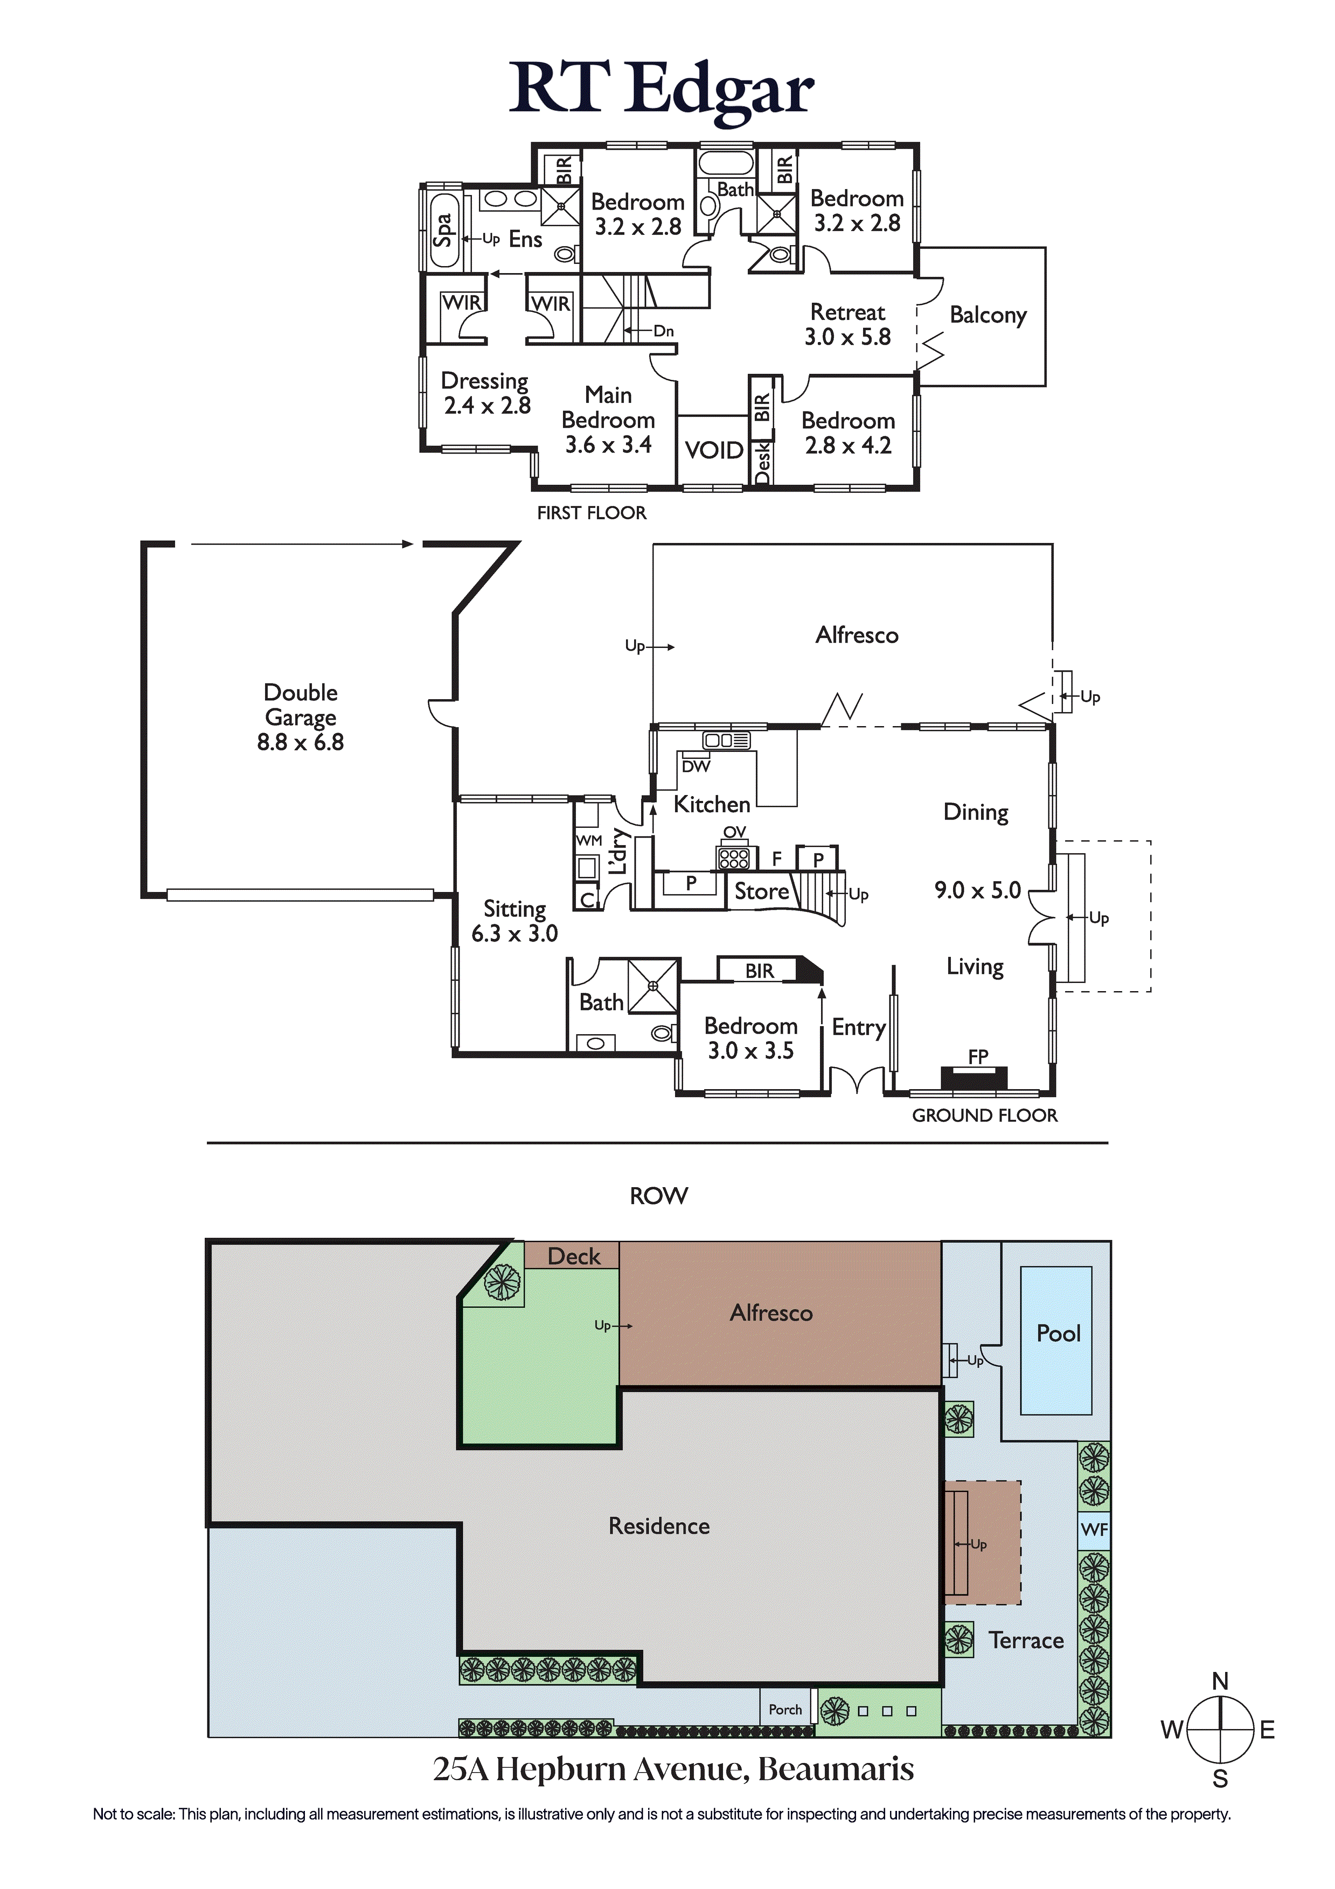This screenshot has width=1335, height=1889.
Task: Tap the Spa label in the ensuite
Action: (x=443, y=229)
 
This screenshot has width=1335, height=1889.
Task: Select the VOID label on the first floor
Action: (x=714, y=450)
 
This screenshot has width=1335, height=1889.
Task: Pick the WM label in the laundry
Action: (x=588, y=840)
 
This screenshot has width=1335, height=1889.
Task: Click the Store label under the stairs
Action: (x=761, y=891)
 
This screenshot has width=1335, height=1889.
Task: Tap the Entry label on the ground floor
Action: (x=858, y=1028)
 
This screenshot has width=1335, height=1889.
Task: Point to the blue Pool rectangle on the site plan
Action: (x=1056, y=1340)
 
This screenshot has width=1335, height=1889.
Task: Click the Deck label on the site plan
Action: (x=574, y=1256)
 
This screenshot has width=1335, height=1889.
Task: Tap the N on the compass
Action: (x=1221, y=1681)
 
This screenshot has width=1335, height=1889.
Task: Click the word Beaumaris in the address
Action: (x=836, y=1769)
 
